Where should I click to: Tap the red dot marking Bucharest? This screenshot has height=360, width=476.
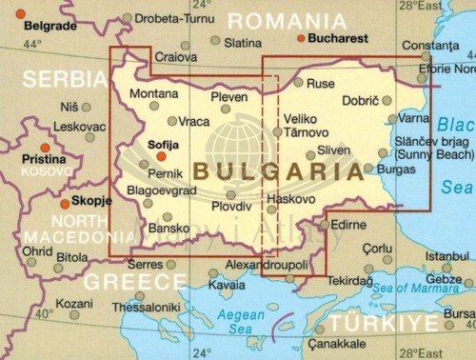[302, 39]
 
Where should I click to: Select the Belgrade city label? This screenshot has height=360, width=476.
[26, 26]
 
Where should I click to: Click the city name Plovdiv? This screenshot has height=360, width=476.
[231, 206]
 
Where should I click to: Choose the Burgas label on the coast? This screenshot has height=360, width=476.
[396, 169]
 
